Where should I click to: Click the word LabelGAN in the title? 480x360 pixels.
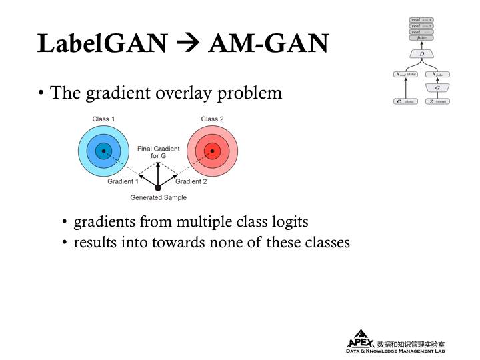click(102, 43)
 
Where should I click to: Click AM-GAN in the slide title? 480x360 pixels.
click(268, 43)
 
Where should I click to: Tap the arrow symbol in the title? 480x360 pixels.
click(187, 44)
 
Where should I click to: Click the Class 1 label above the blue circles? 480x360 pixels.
click(103, 119)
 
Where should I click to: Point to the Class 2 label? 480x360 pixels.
click(212, 119)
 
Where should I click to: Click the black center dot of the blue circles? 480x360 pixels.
click(103, 151)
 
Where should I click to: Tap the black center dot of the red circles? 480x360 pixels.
click(212, 151)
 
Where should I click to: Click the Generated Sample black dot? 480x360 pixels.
click(158, 188)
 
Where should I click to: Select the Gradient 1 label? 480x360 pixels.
click(123, 181)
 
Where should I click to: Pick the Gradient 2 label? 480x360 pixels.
click(191, 181)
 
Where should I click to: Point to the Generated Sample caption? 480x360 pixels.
click(158, 198)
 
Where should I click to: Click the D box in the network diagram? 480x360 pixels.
click(421, 53)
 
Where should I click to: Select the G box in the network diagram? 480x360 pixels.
click(437, 87)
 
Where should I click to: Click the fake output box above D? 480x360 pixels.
click(421, 38)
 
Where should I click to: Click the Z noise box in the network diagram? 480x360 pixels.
click(437, 101)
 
